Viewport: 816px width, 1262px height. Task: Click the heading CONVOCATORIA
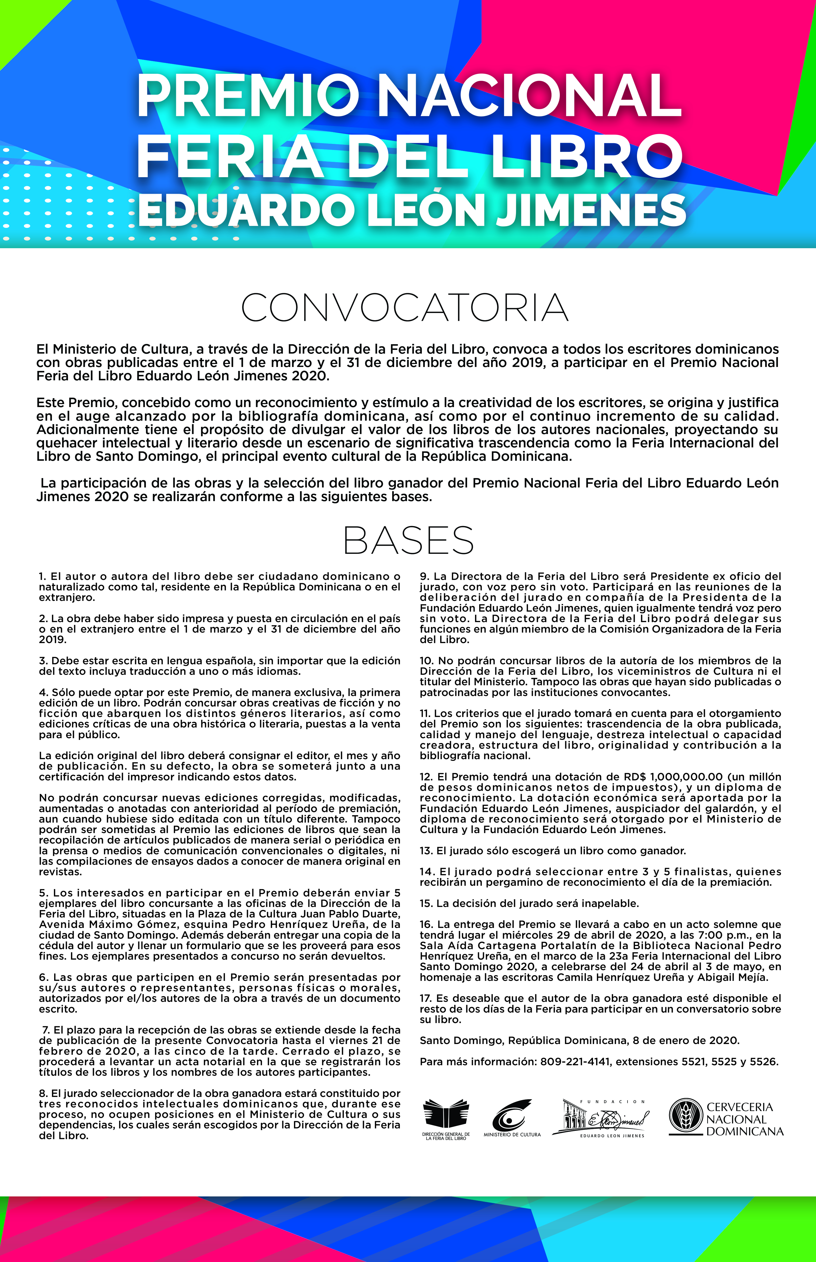(x=405, y=308)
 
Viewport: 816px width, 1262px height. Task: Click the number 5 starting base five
(x=42, y=893)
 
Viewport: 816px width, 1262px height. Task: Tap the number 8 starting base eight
(x=42, y=1093)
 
